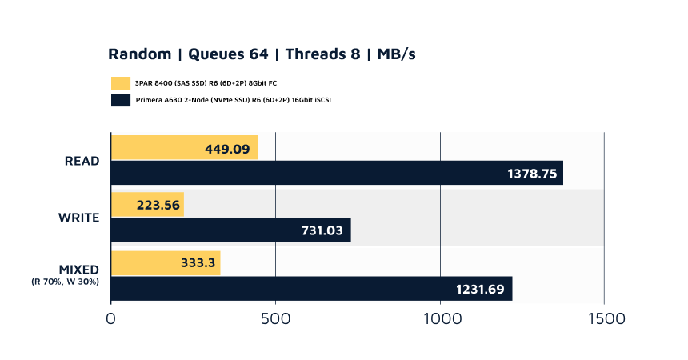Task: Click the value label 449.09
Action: (227, 148)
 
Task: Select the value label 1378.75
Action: (532, 173)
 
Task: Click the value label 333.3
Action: (193, 263)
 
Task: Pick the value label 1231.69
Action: (480, 289)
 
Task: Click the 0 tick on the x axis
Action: (111, 318)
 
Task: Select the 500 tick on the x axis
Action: (275, 318)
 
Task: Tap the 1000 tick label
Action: (440, 318)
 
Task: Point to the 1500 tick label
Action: (604, 318)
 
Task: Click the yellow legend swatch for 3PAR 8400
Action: (121, 82)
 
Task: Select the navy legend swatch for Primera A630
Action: (121, 100)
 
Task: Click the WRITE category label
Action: (78, 218)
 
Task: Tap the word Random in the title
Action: (140, 54)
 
